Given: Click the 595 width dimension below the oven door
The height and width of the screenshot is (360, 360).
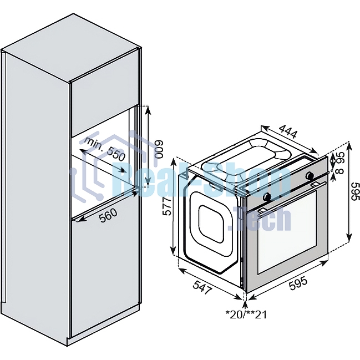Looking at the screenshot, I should pyautogui.click(x=298, y=283).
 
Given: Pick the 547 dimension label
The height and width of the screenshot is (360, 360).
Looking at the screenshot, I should pyautogui.click(x=202, y=287).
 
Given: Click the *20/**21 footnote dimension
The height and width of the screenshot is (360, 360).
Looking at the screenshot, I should pyautogui.click(x=246, y=314).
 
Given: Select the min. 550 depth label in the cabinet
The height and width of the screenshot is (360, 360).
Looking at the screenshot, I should pyautogui.click(x=106, y=149).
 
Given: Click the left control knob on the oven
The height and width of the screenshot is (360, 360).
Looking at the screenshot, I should pyautogui.click(x=267, y=196).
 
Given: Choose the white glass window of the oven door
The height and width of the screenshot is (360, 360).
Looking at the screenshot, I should pyautogui.click(x=288, y=232).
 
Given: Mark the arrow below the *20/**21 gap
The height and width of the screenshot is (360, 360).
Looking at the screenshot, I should pyautogui.click(x=245, y=302).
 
